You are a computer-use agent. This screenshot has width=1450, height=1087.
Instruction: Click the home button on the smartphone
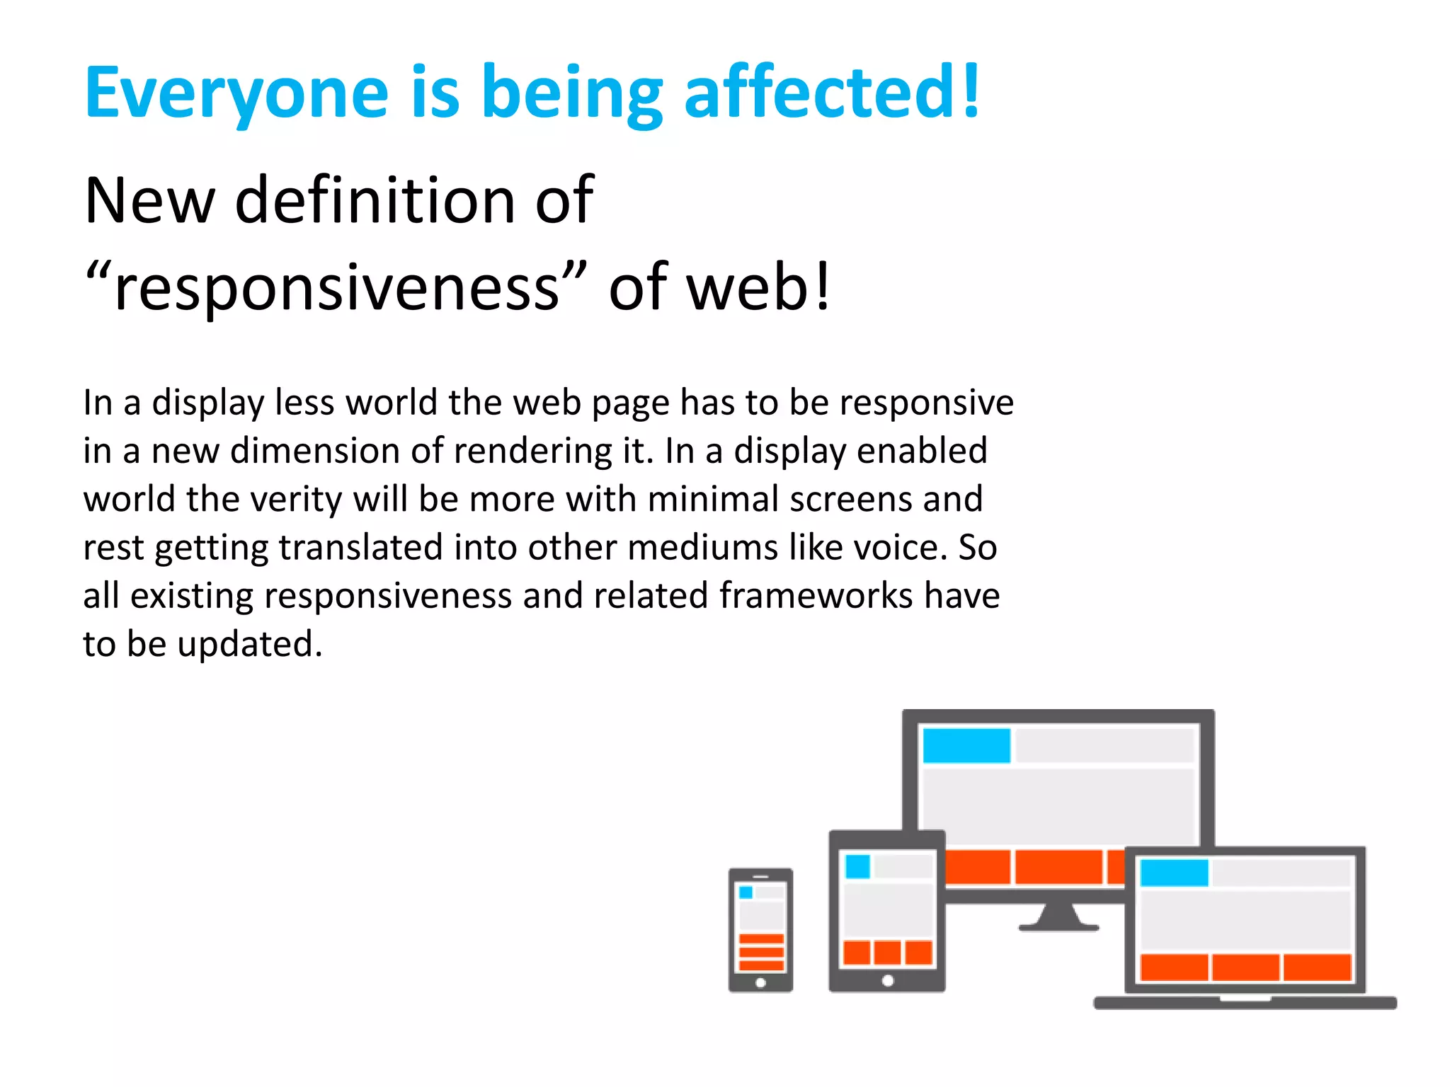[x=760, y=982]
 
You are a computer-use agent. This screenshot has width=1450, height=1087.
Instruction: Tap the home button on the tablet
[x=887, y=981]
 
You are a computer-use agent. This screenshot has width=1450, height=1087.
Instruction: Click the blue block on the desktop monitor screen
[x=966, y=746]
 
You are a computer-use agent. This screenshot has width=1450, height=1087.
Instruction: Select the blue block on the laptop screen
[x=1174, y=873]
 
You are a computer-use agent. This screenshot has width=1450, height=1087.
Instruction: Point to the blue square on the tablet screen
[x=857, y=866]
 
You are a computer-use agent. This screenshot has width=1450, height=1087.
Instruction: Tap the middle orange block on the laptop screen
[x=1245, y=967]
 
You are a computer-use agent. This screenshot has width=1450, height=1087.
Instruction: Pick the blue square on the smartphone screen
[x=746, y=892]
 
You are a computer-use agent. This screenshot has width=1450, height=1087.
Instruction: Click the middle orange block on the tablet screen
[x=887, y=953]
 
